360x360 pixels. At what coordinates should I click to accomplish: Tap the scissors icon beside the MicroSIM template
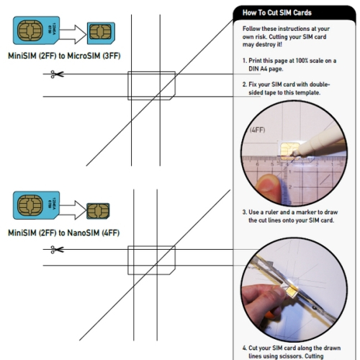coord(58,74)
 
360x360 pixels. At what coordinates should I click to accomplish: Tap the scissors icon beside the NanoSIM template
coord(58,250)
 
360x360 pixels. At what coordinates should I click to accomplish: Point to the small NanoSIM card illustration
coord(96,211)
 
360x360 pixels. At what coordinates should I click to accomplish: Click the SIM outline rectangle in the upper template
coord(152,86)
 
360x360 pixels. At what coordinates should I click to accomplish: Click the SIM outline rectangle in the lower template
coord(152,260)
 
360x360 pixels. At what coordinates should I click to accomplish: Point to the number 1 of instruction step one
coord(243,60)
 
